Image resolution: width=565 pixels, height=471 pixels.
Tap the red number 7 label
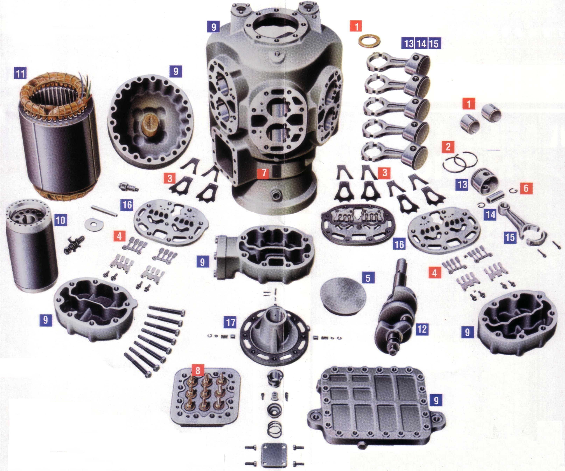tap(264, 173)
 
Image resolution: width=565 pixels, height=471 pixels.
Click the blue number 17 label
tap(231, 322)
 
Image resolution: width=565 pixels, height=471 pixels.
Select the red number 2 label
tap(448, 147)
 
